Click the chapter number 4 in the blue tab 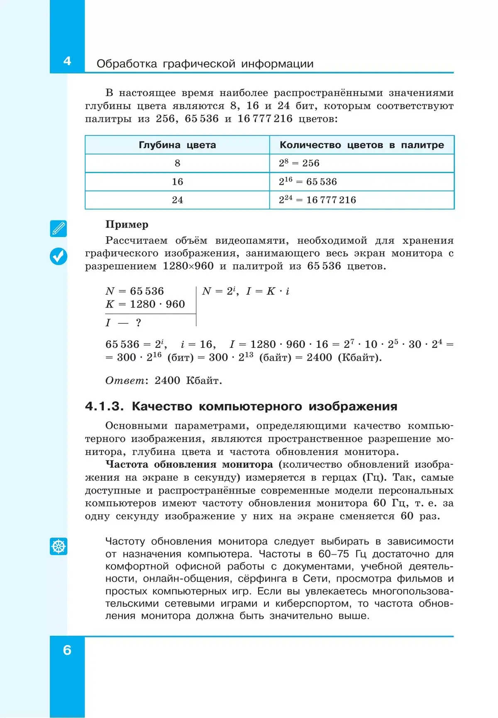[67, 61]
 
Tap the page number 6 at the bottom [67, 650]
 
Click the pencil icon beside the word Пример [59, 229]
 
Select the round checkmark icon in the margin [59, 256]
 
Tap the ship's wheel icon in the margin [59, 546]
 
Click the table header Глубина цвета [177, 145]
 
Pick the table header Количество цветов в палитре [361, 145]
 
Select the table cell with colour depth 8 [177, 163]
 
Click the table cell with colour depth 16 [177, 182]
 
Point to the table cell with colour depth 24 [177, 200]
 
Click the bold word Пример [127, 225]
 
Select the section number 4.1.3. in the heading [104, 406]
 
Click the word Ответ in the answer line [124, 381]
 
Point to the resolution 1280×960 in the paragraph [188, 266]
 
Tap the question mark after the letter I [138, 322]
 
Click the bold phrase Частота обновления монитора [189, 464]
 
